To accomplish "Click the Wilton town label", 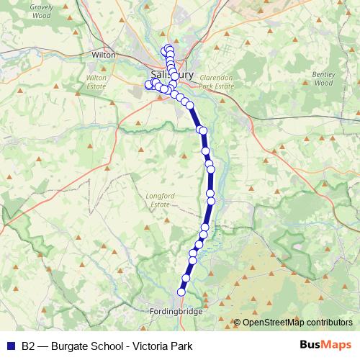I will (x=104, y=54).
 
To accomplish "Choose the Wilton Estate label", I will (x=96, y=81).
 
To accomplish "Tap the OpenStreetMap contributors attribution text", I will (x=297, y=323).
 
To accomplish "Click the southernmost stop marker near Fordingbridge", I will (x=181, y=292).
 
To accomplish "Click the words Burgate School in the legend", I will (x=83, y=346).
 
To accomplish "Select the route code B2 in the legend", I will (x=28, y=346).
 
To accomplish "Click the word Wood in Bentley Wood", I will (x=323, y=83).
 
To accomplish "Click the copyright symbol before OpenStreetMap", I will (x=237, y=323).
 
